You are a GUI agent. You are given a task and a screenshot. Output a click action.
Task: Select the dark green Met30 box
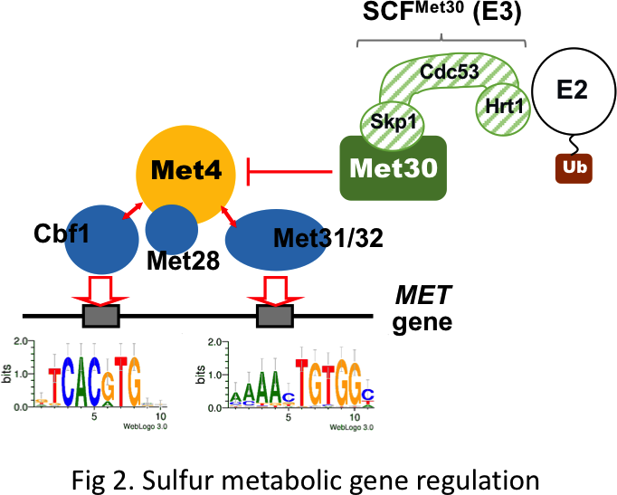[x=394, y=168]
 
